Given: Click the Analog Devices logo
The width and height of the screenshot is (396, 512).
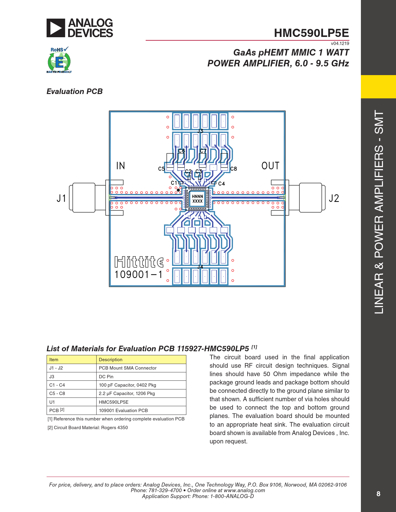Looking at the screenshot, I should click(80, 28).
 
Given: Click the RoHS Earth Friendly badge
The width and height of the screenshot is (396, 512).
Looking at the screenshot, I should click(59, 60).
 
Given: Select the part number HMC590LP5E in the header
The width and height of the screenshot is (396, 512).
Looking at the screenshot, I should click(311, 33).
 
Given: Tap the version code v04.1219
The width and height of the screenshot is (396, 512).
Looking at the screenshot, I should click(340, 43).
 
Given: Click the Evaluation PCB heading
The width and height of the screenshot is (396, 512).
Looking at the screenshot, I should click(75, 92).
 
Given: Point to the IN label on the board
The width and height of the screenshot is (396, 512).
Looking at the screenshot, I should click(121, 166).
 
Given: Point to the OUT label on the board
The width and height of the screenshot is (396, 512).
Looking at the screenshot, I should click(270, 166).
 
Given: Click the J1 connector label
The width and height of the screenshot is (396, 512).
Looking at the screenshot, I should click(61, 198).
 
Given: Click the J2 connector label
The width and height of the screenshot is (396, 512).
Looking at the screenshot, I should click(334, 198).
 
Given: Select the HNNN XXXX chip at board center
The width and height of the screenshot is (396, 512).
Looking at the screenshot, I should click(197, 199).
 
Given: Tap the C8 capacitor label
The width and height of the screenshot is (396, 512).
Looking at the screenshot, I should click(234, 169).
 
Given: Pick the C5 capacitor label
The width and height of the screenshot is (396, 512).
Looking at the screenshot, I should click(162, 169).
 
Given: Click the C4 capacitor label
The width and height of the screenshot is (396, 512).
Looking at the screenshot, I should click(221, 184).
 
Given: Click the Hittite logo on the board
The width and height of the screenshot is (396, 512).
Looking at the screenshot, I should click(139, 262).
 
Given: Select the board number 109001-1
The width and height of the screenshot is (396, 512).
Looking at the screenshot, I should click(139, 275).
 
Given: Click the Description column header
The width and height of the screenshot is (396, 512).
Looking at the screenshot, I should click(111, 360).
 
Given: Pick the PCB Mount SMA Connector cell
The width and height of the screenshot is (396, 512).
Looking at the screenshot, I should click(128, 368).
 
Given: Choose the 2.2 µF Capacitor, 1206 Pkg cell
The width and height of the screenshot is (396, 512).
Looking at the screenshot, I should click(127, 393).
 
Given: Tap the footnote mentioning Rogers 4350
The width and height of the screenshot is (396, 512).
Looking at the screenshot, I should click(88, 428).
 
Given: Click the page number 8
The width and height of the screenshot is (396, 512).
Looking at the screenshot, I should click(378, 494).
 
